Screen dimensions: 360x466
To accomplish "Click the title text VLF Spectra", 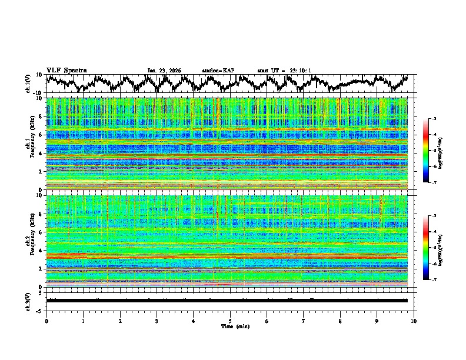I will pyautogui.click(x=66, y=70).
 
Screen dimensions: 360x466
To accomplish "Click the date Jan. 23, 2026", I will pyautogui.click(x=164, y=71).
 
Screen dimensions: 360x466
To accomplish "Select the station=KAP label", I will pyautogui.click(x=218, y=71).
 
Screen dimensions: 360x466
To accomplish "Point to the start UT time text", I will pyautogui.click(x=284, y=71).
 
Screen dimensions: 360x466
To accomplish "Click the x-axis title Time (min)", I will pyautogui.click(x=230, y=326).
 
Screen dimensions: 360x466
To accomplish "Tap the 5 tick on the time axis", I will pyautogui.click(x=230, y=321).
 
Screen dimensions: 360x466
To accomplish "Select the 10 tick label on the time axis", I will pyautogui.click(x=414, y=321).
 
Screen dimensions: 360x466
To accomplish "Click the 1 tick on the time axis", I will pyautogui.click(x=83, y=321).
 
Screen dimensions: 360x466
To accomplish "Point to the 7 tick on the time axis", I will pyautogui.click(x=304, y=321).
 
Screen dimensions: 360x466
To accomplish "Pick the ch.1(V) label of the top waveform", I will pyautogui.click(x=29, y=84).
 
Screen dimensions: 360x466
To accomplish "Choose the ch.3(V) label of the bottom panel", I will pyautogui.click(x=29, y=301).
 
